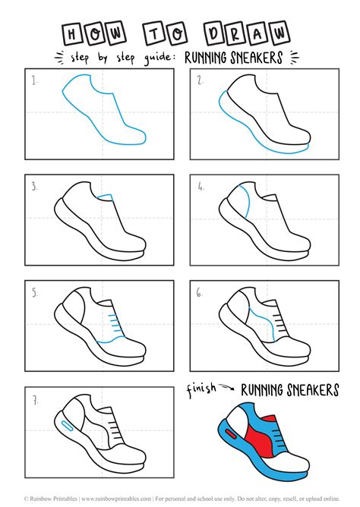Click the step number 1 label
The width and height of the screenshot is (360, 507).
coord(34,80)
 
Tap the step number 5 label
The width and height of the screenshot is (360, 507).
coord(34,291)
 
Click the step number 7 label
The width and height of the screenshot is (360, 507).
coord(34,396)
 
